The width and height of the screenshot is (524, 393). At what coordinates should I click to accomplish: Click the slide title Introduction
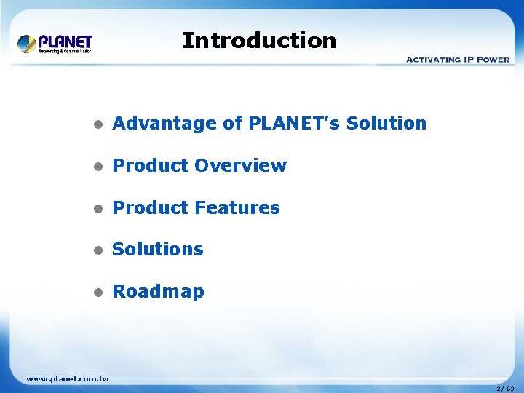pos(259,40)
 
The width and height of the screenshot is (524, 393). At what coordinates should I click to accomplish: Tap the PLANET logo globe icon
pos(27,44)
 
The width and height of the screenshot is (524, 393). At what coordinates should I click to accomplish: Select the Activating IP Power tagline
pos(457,59)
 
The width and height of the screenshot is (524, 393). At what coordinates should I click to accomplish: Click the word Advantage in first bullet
pos(165,124)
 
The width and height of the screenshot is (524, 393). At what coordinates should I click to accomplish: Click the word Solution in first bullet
pos(386,124)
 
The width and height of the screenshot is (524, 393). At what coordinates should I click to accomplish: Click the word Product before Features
pos(149,208)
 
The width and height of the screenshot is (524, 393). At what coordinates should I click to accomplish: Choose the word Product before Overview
pos(149,166)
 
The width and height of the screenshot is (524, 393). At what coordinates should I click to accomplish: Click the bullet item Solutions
pos(158,250)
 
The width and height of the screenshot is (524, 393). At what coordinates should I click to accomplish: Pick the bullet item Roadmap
pos(158,292)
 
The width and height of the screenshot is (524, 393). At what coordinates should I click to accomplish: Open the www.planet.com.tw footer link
pos(67,378)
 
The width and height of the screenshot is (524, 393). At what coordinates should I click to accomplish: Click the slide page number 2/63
pos(505,389)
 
